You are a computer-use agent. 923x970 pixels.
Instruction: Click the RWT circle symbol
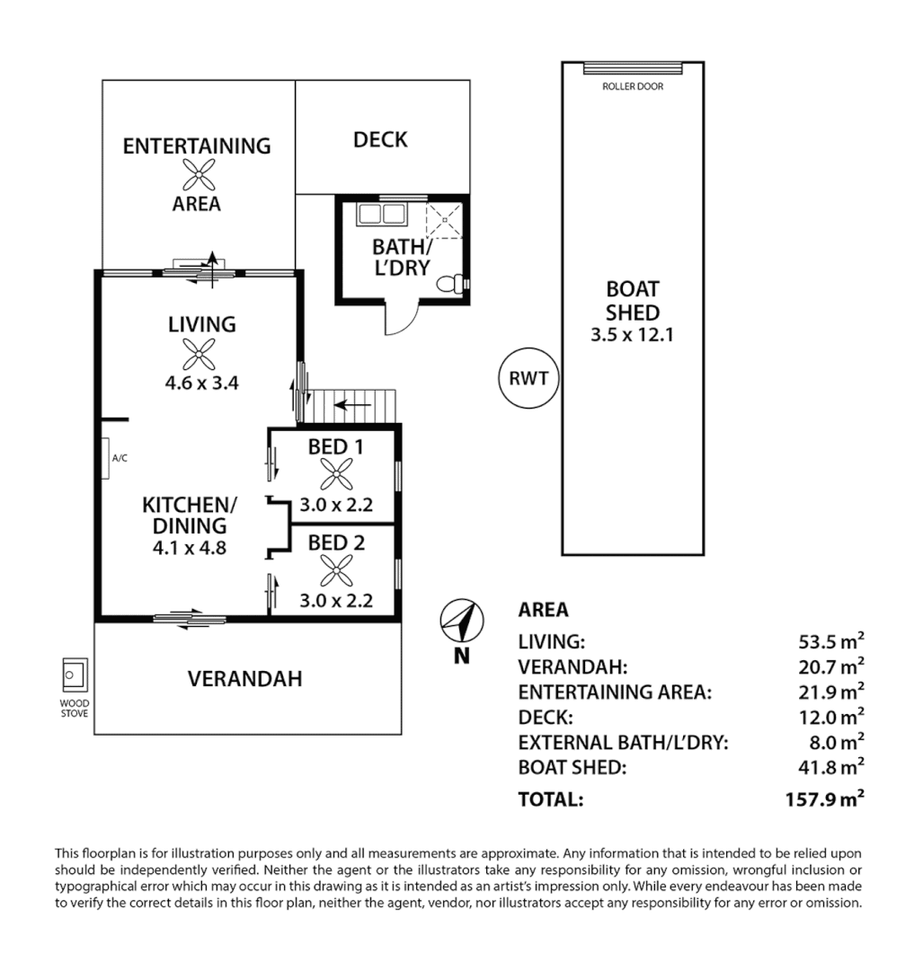(528, 378)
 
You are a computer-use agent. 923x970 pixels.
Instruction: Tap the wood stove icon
(74, 673)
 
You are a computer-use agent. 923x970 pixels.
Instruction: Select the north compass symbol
(462, 620)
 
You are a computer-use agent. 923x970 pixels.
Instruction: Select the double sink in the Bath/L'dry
(381, 216)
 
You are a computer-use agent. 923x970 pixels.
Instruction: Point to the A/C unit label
(120, 458)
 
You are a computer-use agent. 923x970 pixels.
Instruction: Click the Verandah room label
(244, 678)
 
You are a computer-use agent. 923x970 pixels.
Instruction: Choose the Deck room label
(380, 139)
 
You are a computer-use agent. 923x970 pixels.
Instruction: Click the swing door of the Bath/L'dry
(401, 319)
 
